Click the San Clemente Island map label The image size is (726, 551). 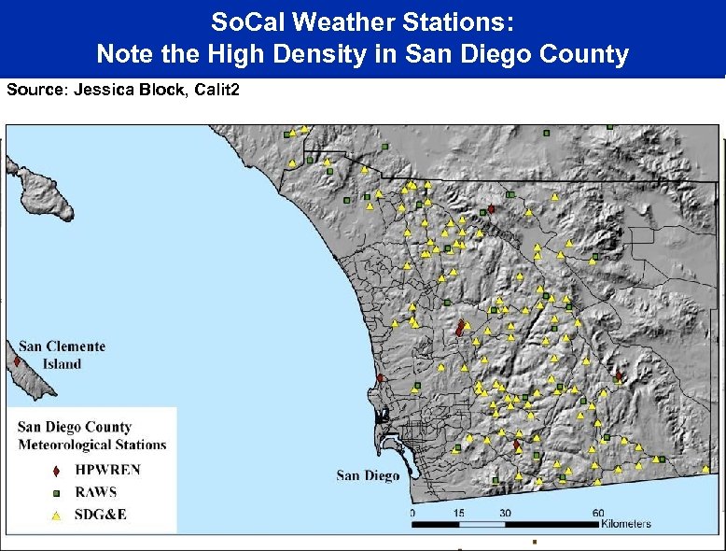pyautogui.click(x=62, y=355)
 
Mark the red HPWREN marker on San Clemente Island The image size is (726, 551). pyautogui.click(x=17, y=360)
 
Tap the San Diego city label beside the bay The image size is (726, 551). pyautogui.click(x=368, y=475)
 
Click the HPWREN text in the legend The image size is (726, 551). pyautogui.click(x=107, y=470)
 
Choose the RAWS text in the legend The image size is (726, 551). pyautogui.click(x=95, y=492)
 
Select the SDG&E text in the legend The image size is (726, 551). pyautogui.click(x=100, y=515)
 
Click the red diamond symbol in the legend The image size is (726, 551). pyautogui.click(x=56, y=471)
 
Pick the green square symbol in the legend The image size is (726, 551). pyautogui.click(x=56, y=492)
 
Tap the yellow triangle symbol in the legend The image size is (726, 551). pyautogui.click(x=56, y=515)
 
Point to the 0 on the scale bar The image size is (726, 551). pyautogui.click(x=412, y=512)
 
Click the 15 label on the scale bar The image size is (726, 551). pyautogui.click(x=458, y=512)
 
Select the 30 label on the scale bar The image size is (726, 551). pyautogui.click(x=504, y=512)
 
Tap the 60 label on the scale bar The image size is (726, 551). pyautogui.click(x=596, y=512)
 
